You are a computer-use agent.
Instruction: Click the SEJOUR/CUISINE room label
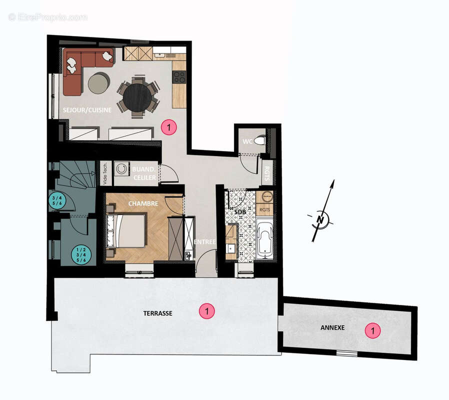point(87,110)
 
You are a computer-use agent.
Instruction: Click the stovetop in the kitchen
point(179,77)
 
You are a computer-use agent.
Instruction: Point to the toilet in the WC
point(259,141)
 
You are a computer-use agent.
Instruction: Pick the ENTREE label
point(205,242)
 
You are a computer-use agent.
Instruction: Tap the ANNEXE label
point(332,328)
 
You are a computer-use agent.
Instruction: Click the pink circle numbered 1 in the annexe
point(371,330)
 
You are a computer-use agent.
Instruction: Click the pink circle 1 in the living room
point(169,128)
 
